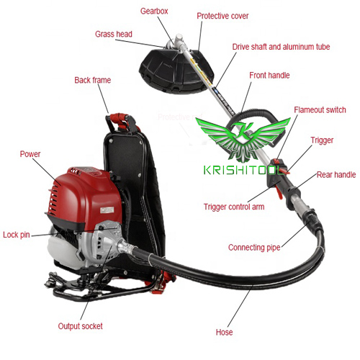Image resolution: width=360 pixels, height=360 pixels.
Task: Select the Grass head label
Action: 114,34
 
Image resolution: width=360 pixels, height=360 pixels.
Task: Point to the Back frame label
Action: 92,80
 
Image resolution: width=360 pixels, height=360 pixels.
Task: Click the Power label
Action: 30,153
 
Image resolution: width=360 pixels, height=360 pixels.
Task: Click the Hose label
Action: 224,333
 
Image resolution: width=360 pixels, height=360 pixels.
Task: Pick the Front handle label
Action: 269,75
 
